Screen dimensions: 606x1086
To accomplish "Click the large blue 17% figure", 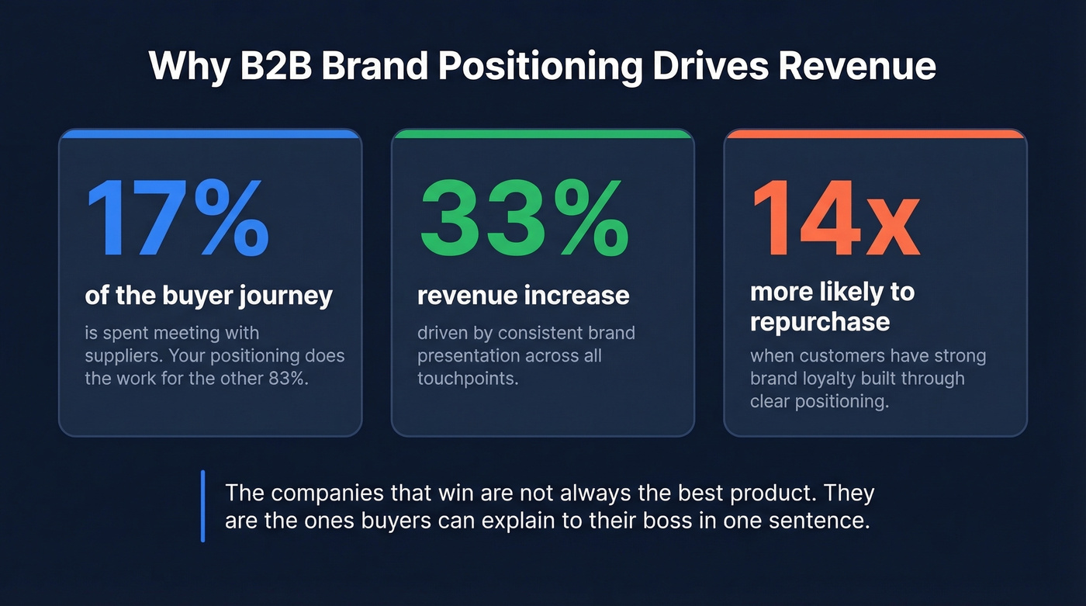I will point(177,220).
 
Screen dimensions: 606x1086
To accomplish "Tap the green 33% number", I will point(524,220).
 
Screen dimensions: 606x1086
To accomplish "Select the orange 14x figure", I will point(835,220).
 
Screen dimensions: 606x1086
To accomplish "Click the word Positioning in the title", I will point(540,66).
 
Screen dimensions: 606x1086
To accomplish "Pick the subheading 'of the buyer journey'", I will point(208,296).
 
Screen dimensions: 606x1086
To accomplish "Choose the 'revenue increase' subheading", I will point(523,296).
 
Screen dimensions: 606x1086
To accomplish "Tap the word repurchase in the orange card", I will point(819,321).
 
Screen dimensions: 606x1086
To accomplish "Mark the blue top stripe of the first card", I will point(210,133).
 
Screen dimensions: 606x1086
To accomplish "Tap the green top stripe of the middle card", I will point(543,133).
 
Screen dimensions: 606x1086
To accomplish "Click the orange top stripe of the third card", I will point(875,133).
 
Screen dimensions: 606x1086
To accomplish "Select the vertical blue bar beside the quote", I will point(202,506).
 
